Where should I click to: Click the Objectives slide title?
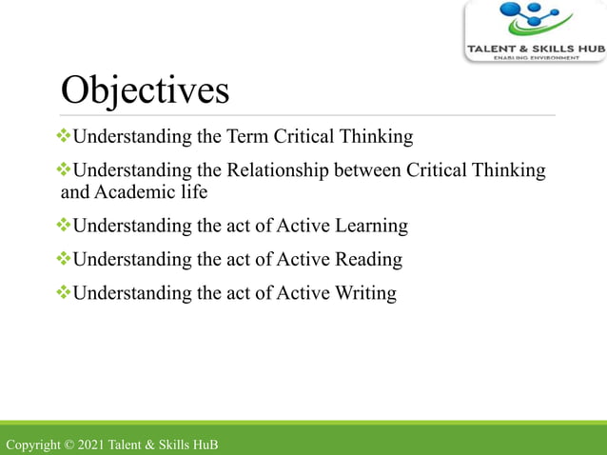[145, 90]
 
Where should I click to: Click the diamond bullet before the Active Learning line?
[65, 226]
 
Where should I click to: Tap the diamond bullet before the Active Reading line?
[65, 259]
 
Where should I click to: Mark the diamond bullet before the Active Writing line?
[65, 292]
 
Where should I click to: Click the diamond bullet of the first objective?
[65, 136]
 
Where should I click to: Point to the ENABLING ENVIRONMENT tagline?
[535, 58]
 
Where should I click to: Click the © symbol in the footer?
[69, 445]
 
